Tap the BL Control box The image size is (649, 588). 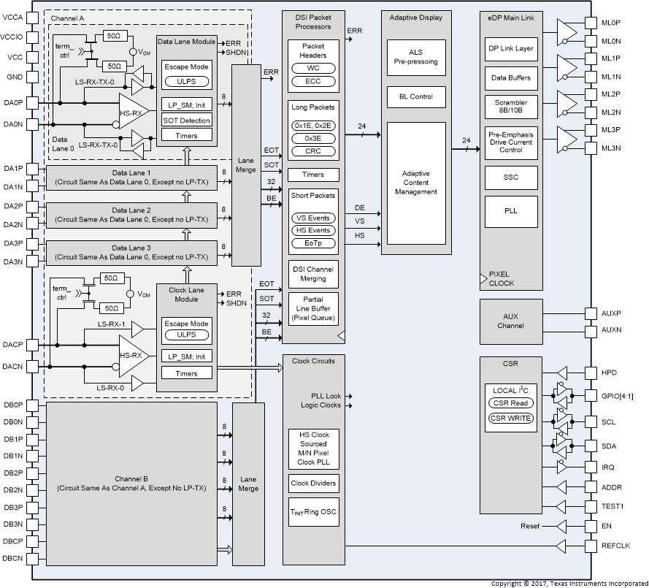tap(415, 96)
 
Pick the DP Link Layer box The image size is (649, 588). tap(510, 49)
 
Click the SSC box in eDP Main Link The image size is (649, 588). tap(510, 176)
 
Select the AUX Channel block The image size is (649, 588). tap(510, 321)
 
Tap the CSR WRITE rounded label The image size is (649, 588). tap(510, 419)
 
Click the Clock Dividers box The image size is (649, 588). tap(313, 483)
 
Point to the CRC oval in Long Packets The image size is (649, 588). tap(312, 151)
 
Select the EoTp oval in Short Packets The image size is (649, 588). tap(312, 243)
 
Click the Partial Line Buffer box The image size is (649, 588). tap(312, 308)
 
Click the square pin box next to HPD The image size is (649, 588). tap(592, 373)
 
